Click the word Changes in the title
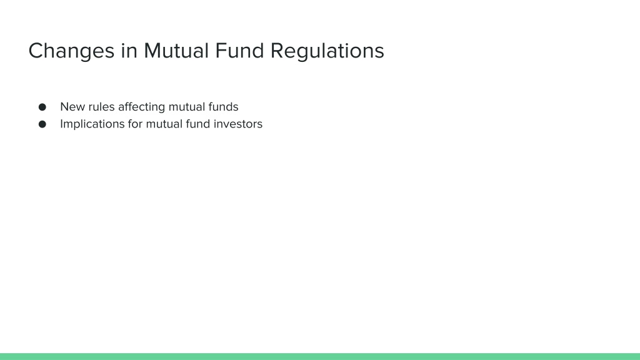click(x=71, y=51)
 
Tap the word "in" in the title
click(x=129, y=51)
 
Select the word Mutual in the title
click(x=176, y=51)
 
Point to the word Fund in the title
click(x=239, y=51)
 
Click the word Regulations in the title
click(x=327, y=51)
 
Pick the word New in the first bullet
click(x=72, y=107)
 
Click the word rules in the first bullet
click(x=102, y=107)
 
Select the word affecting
click(x=142, y=107)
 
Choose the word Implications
click(x=92, y=124)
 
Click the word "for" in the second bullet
click(x=135, y=124)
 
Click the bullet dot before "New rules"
click(x=42, y=107)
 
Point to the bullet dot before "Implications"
click(x=42, y=124)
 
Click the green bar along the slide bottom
click(x=320, y=356)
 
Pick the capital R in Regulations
click(x=277, y=51)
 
